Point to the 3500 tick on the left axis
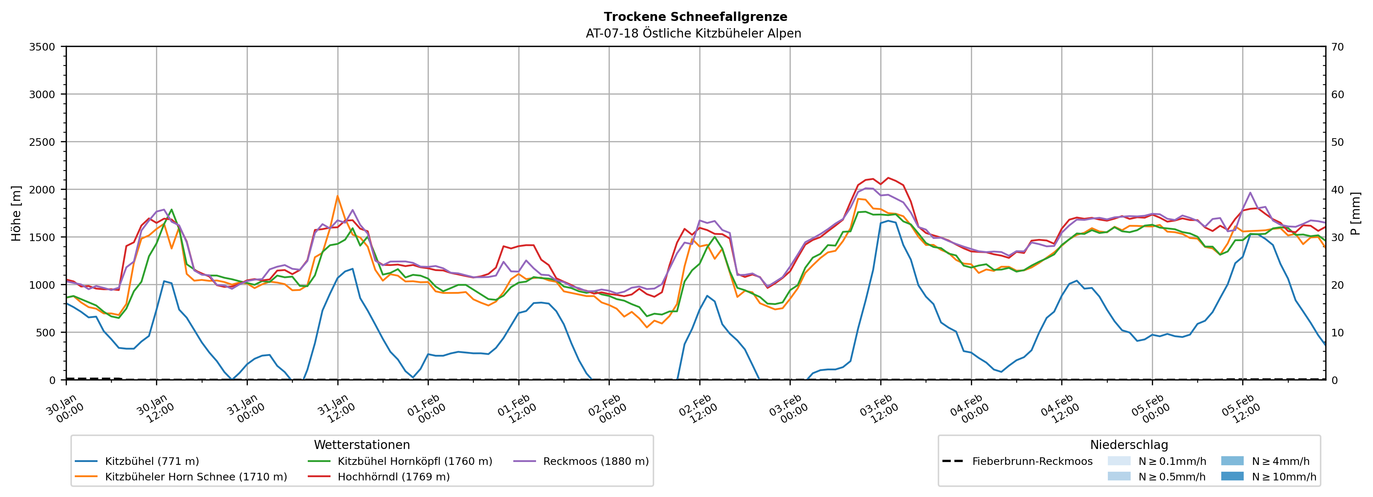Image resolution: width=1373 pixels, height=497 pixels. pyautogui.click(x=42, y=47)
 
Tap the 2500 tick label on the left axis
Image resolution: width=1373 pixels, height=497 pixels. pyautogui.click(x=42, y=142)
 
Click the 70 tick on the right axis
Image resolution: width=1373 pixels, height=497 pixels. pyautogui.click(x=1337, y=47)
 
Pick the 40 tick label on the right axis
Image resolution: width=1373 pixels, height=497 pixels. pyautogui.click(x=1337, y=189)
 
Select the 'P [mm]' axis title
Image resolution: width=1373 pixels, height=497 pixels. pyautogui.click(x=1355, y=213)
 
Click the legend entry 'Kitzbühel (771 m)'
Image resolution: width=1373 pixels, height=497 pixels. pyautogui.click(x=151, y=461)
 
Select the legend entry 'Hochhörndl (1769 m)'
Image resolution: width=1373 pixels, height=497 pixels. pyautogui.click(x=393, y=477)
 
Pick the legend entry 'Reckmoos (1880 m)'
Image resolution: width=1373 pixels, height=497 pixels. pyautogui.click(x=595, y=461)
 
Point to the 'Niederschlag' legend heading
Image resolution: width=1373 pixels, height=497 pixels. pyautogui.click(x=1128, y=445)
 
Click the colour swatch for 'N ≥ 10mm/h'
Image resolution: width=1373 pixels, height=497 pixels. pyautogui.click(x=1232, y=476)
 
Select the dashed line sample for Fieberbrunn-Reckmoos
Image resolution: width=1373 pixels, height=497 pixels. pyautogui.click(x=953, y=461)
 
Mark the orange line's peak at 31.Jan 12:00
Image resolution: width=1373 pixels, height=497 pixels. pyautogui.click(x=337, y=196)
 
